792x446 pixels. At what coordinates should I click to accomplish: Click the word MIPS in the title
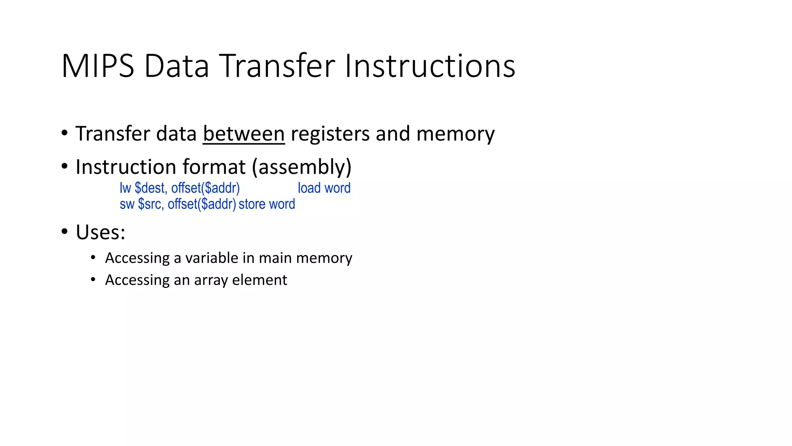pos(98,66)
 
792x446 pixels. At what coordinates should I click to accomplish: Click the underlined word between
pos(244,134)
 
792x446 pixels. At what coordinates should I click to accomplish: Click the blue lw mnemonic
pos(125,188)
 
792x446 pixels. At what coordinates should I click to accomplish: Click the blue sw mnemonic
pos(127,204)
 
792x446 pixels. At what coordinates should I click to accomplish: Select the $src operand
pos(150,204)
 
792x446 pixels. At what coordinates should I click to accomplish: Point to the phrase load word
pos(324,188)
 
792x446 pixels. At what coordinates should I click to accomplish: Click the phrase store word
pos(267,204)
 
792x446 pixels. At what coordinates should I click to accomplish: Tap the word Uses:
pos(101,232)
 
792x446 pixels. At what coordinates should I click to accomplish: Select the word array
pos(211,280)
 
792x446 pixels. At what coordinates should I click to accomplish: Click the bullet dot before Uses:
pos(65,232)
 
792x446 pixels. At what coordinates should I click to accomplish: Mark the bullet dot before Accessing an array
pos(93,280)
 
